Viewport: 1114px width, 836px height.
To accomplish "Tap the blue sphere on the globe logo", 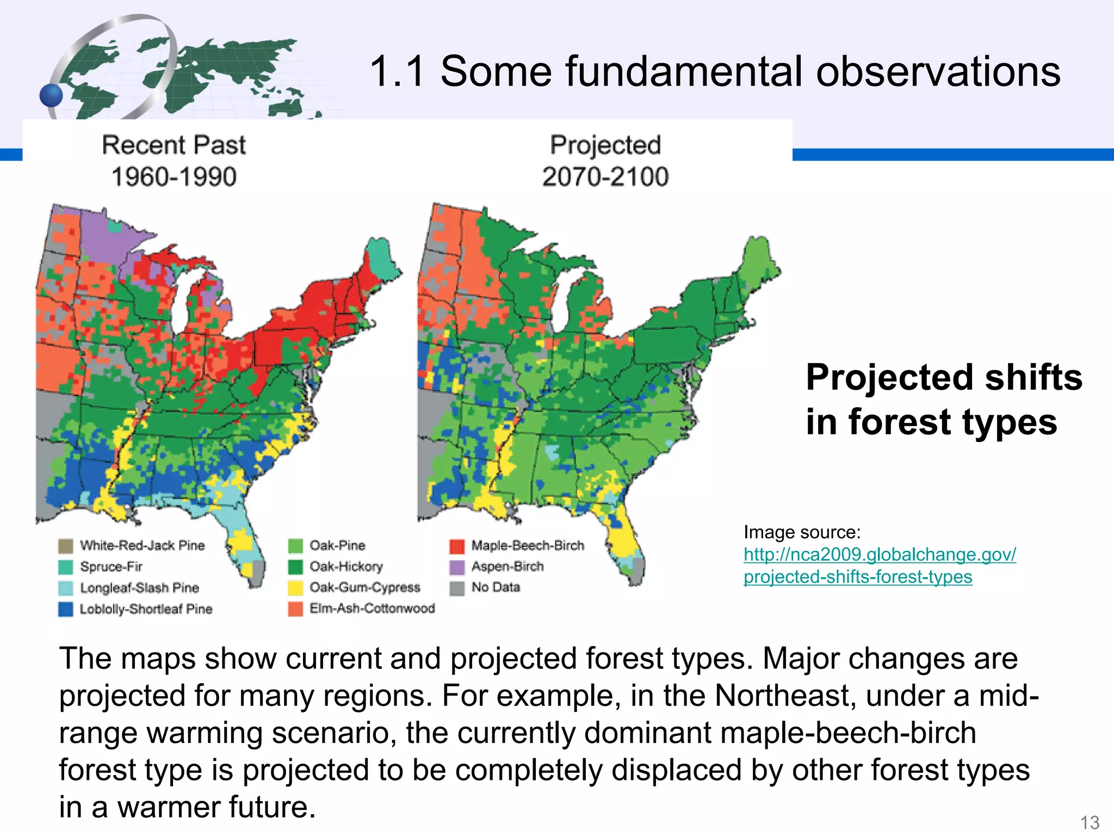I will coord(52,95).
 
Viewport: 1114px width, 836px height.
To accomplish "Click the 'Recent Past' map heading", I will coord(174,145).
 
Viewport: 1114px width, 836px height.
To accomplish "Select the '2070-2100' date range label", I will coord(605,177).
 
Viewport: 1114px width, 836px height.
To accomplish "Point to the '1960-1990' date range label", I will coord(174,177).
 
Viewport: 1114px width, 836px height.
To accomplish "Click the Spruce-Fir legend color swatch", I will coord(65,567).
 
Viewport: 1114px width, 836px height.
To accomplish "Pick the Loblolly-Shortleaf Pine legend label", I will coord(146,609).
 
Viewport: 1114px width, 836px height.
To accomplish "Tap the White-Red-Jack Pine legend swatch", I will coord(65,546).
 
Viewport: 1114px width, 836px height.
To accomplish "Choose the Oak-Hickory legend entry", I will coord(346,567).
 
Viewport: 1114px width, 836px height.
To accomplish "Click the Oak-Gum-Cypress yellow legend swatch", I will coord(295,588).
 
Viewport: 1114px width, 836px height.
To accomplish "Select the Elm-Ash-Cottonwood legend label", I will coord(372,608).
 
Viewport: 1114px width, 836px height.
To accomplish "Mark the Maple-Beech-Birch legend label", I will coord(527,545).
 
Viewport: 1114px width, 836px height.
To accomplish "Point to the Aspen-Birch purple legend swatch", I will coord(457,567).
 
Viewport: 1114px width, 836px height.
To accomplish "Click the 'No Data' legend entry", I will coord(496,587).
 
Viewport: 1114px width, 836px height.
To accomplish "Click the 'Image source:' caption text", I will coord(802,532).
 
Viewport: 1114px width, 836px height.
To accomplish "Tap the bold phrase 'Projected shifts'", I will coord(944,377).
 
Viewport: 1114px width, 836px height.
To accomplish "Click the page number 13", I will coord(1090,822).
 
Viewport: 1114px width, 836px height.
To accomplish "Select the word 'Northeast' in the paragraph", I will coord(775,696).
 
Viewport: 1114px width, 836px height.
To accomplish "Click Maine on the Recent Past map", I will coord(381,261).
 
